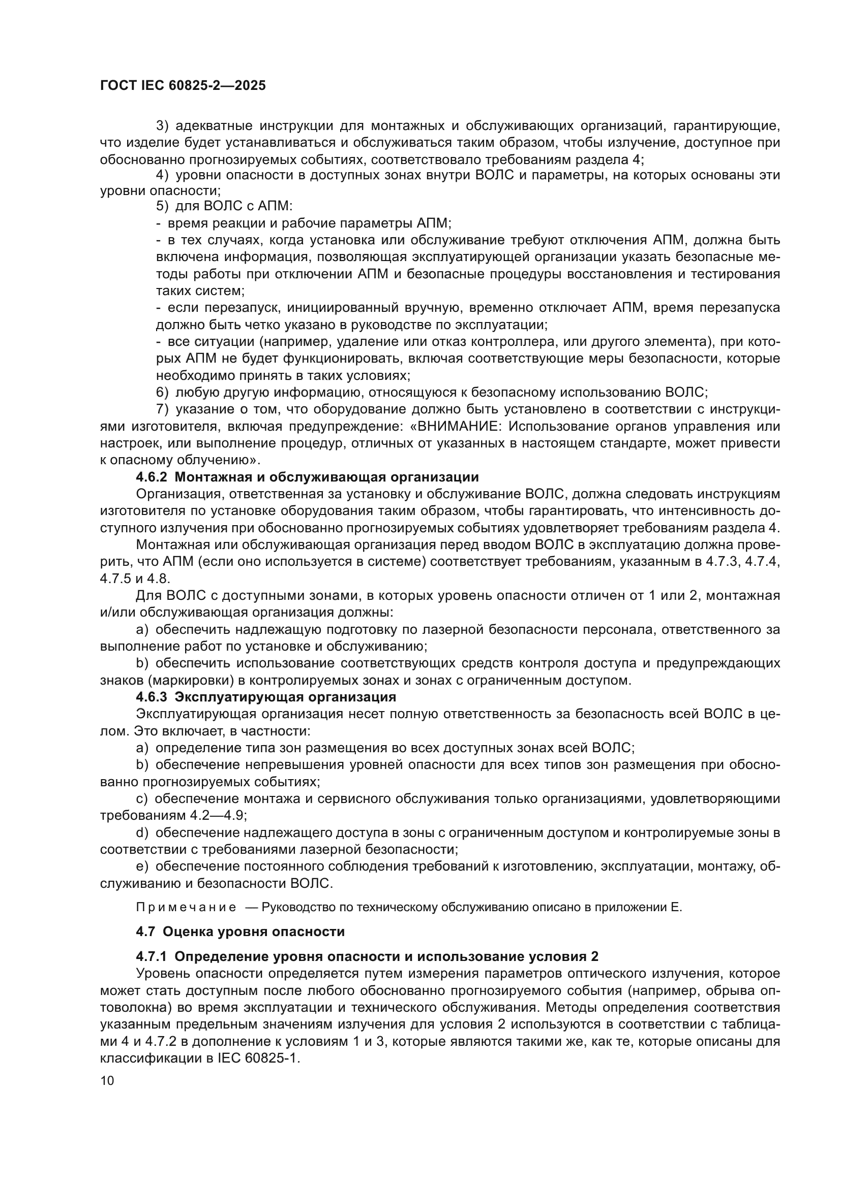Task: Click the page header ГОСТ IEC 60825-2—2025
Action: pyautogui.click(x=183, y=85)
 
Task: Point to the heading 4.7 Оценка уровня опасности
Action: pyautogui.click(x=241, y=932)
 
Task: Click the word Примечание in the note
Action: pyautogui.click(x=186, y=907)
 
